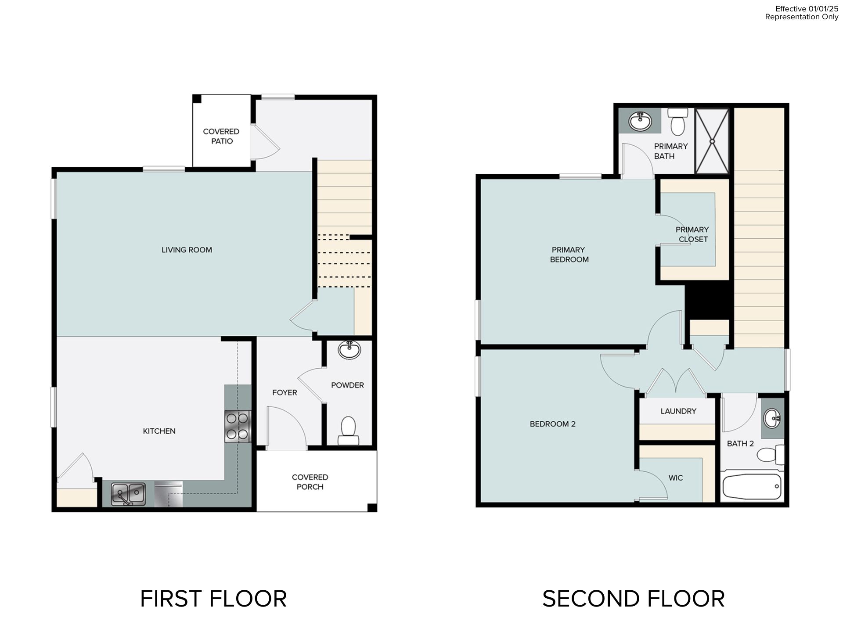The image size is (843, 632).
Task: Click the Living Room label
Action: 187,250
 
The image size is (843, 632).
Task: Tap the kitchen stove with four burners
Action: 238,427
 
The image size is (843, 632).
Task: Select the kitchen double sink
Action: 128,494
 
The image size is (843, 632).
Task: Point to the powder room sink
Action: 349,350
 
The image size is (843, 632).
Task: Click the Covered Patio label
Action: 221,136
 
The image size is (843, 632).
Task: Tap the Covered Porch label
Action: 310,482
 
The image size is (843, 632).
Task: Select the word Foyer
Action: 285,393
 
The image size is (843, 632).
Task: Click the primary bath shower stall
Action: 712,141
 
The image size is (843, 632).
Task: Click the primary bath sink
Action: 640,121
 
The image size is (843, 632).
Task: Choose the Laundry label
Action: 678,411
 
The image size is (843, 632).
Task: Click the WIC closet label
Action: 676,478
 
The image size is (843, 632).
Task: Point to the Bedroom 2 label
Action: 552,424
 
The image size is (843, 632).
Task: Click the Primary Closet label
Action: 692,234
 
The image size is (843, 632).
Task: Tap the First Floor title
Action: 213,599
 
